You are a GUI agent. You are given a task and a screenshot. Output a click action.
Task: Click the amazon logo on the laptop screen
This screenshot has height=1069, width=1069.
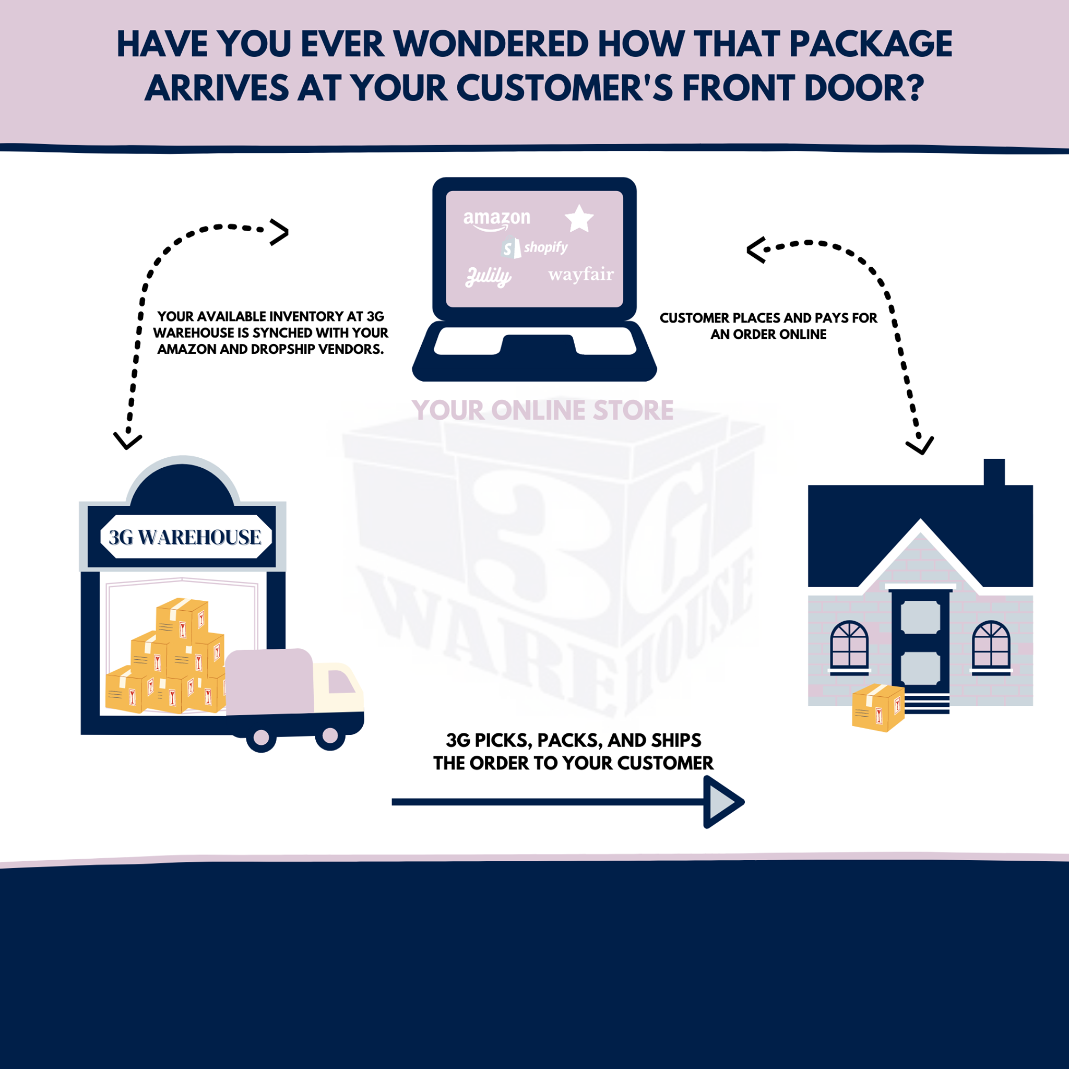pyautogui.click(x=496, y=220)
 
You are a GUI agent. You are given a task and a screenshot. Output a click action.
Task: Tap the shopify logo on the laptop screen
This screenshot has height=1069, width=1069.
pyautogui.click(x=535, y=247)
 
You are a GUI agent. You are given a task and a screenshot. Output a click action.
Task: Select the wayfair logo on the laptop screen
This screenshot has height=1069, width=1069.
pyautogui.click(x=580, y=275)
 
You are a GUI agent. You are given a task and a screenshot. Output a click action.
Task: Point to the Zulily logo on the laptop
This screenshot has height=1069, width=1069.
pyautogui.click(x=488, y=276)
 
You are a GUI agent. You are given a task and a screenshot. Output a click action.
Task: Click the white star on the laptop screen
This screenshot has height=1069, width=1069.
pyautogui.click(x=579, y=219)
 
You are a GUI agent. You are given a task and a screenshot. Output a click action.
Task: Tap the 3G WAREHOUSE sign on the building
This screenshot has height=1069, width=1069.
pyautogui.click(x=185, y=537)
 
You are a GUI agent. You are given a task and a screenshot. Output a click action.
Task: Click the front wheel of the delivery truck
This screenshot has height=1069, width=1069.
pyautogui.click(x=330, y=735)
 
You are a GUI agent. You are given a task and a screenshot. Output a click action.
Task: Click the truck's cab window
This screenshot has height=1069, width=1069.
pyautogui.click(x=340, y=681)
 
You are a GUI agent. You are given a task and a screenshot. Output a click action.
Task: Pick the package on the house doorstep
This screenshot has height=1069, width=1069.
pyautogui.click(x=877, y=708)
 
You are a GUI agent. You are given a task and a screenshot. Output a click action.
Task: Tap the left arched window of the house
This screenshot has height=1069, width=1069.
pyautogui.click(x=849, y=645)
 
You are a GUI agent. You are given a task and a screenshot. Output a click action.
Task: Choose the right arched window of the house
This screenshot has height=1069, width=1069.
pyautogui.click(x=991, y=645)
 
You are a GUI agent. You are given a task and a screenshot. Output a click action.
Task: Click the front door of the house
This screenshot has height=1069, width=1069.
pyautogui.click(x=920, y=642)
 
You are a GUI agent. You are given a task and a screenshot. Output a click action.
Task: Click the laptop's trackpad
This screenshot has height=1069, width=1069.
pyautogui.click(x=537, y=344)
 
